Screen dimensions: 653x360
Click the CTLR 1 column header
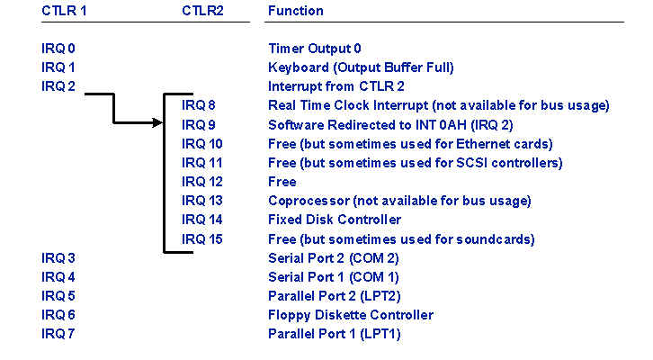(64, 11)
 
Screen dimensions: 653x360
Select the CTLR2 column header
(202, 11)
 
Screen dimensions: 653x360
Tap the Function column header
(296, 11)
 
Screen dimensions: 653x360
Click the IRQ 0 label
(58, 49)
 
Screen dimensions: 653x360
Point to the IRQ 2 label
(58, 86)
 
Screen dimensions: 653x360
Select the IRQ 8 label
(198, 105)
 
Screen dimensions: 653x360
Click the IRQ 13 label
(202, 201)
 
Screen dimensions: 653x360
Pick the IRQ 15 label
(202, 239)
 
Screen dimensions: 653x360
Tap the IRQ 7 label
(58, 334)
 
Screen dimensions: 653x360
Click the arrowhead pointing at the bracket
(157, 122)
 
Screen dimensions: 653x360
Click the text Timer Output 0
(315, 49)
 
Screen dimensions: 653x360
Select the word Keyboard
(299, 67)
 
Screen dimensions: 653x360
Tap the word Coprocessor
(309, 201)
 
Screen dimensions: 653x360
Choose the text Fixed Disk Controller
(335, 220)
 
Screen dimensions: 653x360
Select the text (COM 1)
(374, 277)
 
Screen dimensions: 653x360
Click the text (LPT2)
(380, 296)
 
